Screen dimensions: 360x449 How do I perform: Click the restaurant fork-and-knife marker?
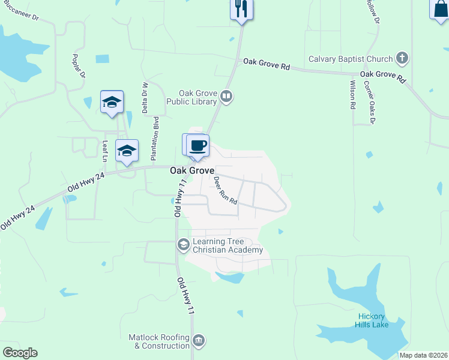(241, 8)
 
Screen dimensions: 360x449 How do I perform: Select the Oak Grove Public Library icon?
(226, 95)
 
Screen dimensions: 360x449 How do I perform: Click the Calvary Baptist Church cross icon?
(402, 59)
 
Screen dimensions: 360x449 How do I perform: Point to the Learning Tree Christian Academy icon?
(183, 244)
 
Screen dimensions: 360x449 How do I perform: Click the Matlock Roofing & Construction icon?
(199, 341)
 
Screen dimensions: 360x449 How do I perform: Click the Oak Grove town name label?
(192, 170)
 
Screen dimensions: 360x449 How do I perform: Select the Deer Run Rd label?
(226, 190)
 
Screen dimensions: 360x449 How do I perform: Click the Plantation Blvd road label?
(156, 136)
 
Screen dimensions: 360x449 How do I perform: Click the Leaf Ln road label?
(104, 151)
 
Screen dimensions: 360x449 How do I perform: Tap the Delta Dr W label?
(144, 98)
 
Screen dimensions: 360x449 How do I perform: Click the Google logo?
(20, 353)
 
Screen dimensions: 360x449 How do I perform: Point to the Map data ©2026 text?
(424, 355)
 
